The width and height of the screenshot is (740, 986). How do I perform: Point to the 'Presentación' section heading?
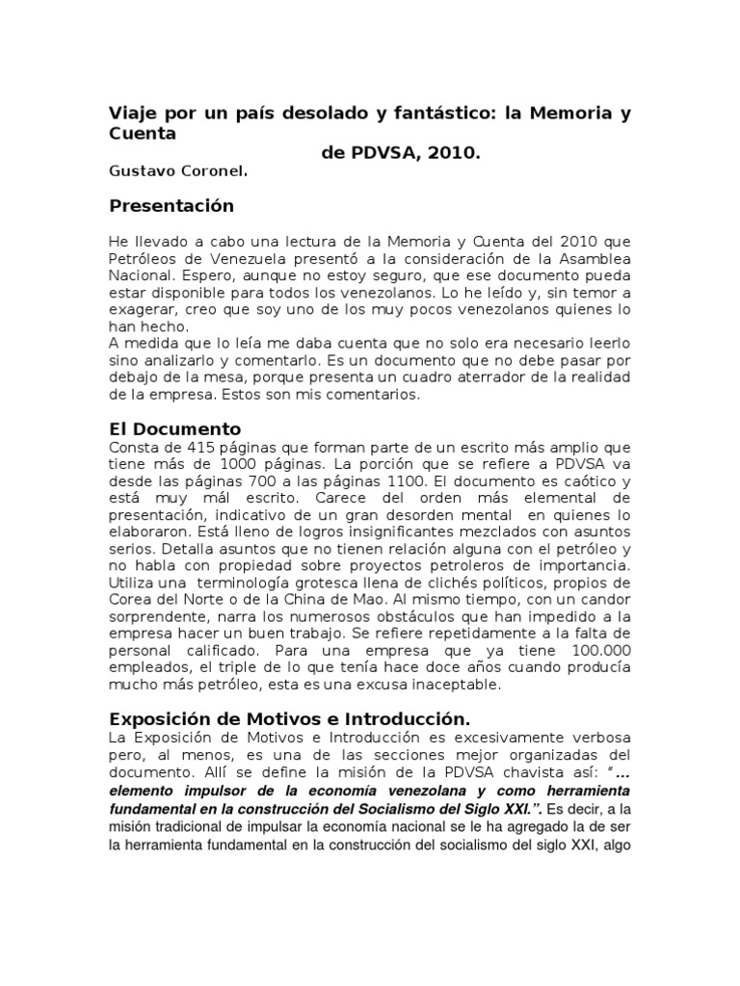point(172,206)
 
